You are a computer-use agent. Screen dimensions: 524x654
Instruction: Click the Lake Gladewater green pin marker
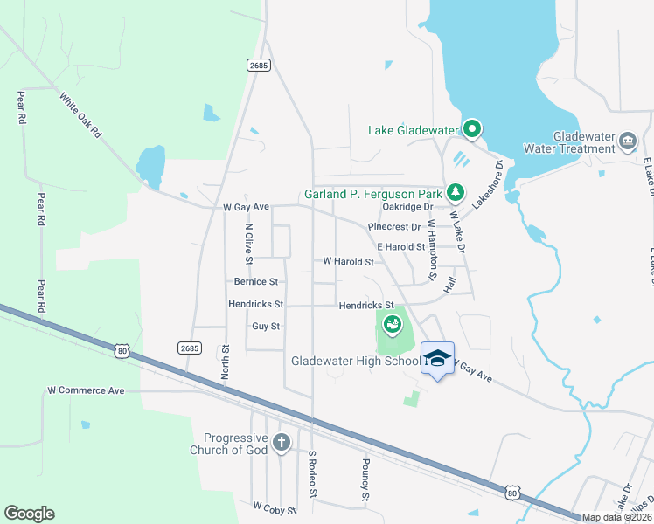[x=472, y=130]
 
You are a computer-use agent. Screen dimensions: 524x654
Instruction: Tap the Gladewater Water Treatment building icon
[x=627, y=141]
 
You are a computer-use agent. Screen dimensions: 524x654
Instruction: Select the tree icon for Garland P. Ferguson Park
[x=454, y=191]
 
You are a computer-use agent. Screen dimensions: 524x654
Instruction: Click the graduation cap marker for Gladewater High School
[x=437, y=358]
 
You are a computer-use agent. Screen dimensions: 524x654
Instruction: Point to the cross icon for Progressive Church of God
[x=281, y=442]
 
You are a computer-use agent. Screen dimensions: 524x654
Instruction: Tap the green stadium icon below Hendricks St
[x=393, y=326]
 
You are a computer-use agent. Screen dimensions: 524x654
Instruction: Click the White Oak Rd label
[x=80, y=116]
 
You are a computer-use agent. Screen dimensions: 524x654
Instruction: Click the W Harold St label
[x=348, y=261]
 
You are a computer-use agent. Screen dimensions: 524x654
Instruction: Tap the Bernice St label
[x=255, y=282]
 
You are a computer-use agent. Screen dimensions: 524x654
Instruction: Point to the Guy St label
[x=266, y=326]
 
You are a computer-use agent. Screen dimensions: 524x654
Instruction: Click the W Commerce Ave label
[x=86, y=390]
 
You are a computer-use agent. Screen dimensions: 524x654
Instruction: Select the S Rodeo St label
[x=311, y=475]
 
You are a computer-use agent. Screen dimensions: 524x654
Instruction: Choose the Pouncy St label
[x=365, y=480]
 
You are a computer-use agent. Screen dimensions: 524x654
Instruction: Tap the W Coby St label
[x=275, y=506]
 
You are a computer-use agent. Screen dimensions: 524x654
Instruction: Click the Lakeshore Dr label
[x=489, y=183]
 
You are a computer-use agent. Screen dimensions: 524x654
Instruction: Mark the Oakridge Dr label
[x=407, y=207]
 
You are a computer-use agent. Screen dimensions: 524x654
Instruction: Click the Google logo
[x=30, y=514]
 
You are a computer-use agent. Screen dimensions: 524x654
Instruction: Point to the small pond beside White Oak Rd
[x=150, y=165]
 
